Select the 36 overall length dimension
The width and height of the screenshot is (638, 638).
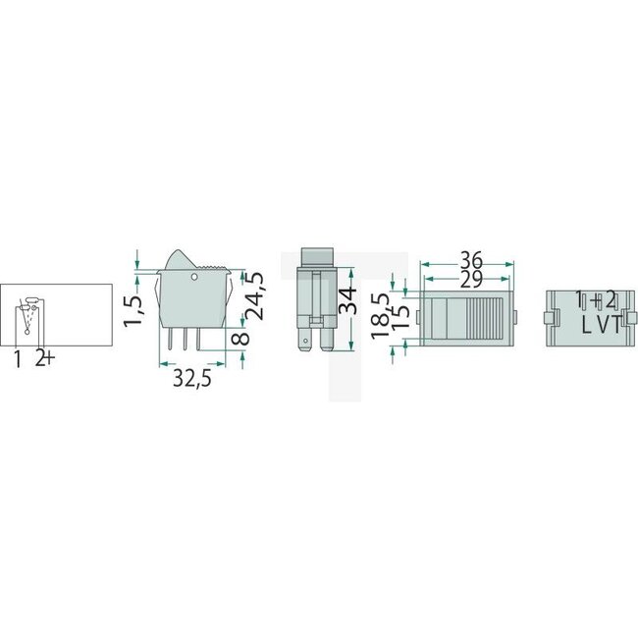[x=470, y=260]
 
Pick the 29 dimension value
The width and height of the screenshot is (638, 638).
[x=470, y=280]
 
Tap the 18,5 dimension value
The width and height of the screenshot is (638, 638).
[x=380, y=312]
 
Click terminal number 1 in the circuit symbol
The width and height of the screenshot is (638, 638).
[x=19, y=359]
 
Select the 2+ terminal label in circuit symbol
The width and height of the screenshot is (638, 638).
[x=44, y=359]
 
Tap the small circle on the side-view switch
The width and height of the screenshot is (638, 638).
[x=194, y=279]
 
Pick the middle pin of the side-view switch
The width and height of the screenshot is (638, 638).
[x=184, y=339]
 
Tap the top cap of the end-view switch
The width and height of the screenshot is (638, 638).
[x=318, y=254]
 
